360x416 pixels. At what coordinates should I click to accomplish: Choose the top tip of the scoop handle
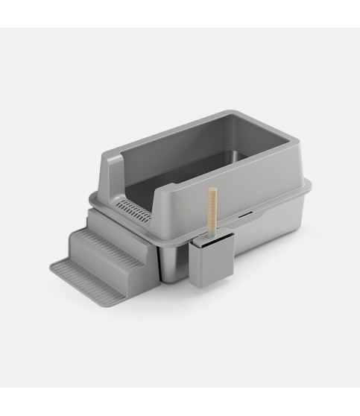[x=211, y=189]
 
